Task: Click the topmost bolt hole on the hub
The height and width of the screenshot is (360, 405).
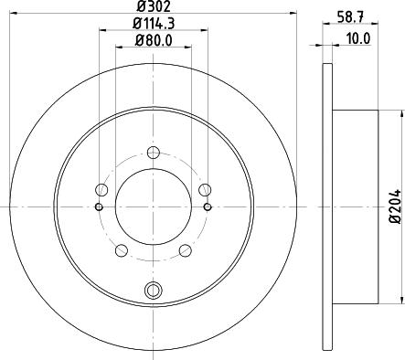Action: [154, 153]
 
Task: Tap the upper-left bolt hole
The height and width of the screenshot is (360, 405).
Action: [101, 190]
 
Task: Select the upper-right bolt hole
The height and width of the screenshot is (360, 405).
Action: [205, 190]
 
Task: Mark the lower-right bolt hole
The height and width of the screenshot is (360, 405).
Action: [185, 250]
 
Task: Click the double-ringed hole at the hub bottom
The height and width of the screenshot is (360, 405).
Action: [154, 291]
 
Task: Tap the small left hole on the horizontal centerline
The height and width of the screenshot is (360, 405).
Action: [99, 206]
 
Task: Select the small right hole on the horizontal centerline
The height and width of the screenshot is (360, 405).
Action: [208, 206]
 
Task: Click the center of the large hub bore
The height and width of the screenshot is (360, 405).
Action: [154, 206]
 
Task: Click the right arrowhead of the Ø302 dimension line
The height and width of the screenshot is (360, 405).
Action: [294, 14]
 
